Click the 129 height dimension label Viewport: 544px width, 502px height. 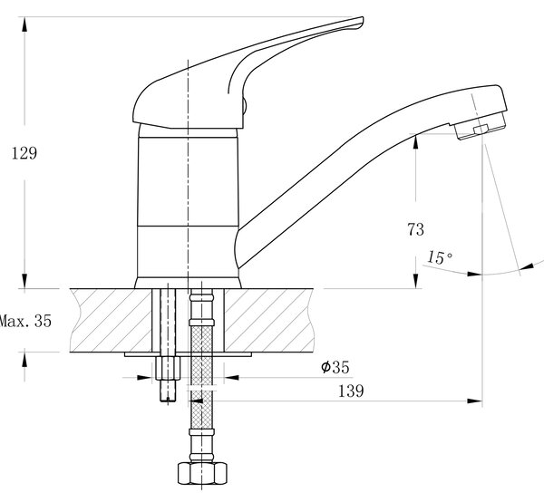(24, 153)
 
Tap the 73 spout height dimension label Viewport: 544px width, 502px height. (415, 229)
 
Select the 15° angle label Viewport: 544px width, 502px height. (439, 257)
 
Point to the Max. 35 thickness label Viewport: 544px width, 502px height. (25, 321)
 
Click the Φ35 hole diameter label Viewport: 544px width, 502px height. (335, 367)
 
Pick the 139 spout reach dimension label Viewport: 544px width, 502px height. (351, 391)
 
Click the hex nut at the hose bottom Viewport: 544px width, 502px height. (202, 473)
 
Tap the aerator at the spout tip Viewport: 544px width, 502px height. (480, 127)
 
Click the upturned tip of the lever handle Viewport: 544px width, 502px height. (361, 19)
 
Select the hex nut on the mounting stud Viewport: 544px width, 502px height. (168, 368)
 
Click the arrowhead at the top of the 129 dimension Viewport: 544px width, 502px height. (24, 24)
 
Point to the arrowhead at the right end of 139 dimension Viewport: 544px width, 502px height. (474, 401)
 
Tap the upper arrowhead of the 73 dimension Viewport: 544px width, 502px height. (416, 141)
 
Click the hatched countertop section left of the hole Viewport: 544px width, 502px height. (111, 321)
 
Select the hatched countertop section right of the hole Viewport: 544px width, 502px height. (269, 321)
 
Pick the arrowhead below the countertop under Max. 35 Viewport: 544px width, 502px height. (24, 360)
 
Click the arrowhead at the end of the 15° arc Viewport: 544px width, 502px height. (528, 266)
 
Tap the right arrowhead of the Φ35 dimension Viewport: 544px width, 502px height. (232, 377)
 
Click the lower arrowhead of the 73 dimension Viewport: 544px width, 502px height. (416, 281)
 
